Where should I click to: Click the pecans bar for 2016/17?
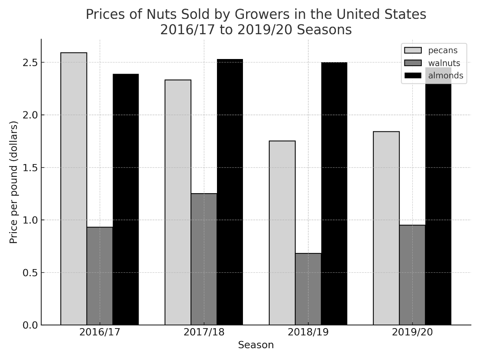pyautogui.click(x=74, y=189)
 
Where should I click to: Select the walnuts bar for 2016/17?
pyautogui.click(x=100, y=276)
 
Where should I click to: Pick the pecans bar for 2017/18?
pyautogui.click(x=178, y=202)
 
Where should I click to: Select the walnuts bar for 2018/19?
pyautogui.click(x=308, y=289)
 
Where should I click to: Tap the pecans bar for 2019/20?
pyautogui.click(x=386, y=228)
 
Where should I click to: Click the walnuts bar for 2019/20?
pyautogui.click(x=412, y=275)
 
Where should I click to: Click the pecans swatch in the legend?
pyautogui.click(x=413, y=50)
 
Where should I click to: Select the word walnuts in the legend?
pyautogui.click(x=444, y=63)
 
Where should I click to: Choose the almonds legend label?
pyautogui.click(x=445, y=76)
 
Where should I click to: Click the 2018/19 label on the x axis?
pyautogui.click(x=308, y=332)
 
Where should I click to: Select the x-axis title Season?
pyautogui.click(x=256, y=345)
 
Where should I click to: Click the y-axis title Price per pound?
pyautogui.click(x=14, y=182)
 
